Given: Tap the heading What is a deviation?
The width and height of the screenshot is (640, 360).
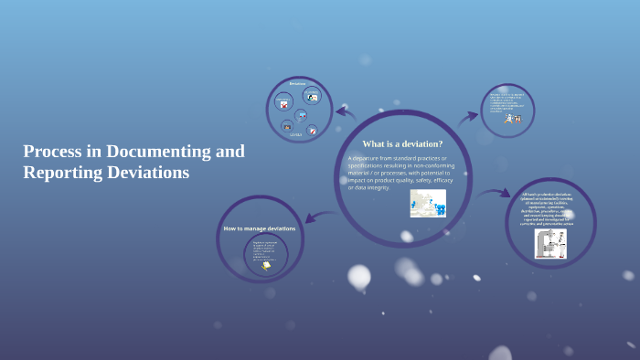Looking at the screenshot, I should pyautogui.click(x=402, y=143).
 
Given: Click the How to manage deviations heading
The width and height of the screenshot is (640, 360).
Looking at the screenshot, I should pyautogui.click(x=260, y=228).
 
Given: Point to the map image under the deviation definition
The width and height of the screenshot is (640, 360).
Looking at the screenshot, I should pyautogui.click(x=428, y=203).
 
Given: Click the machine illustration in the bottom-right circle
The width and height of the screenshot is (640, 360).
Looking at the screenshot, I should pyautogui.click(x=549, y=243).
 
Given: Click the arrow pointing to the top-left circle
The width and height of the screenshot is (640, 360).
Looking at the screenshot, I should pyautogui.click(x=346, y=112).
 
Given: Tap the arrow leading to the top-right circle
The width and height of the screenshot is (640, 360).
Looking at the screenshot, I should pyautogui.click(x=467, y=116).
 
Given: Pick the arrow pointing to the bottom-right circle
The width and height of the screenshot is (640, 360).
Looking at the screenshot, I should pyautogui.click(x=495, y=193).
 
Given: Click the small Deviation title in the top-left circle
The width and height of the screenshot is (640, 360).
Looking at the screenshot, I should pyautogui.click(x=297, y=84).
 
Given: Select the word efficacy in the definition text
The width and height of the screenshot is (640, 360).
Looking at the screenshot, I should pyautogui.click(x=438, y=180).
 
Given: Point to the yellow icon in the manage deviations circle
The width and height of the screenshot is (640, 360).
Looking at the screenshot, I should pyautogui.click(x=266, y=266).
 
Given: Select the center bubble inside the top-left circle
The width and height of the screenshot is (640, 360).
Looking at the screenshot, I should pyautogui.click(x=302, y=114).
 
